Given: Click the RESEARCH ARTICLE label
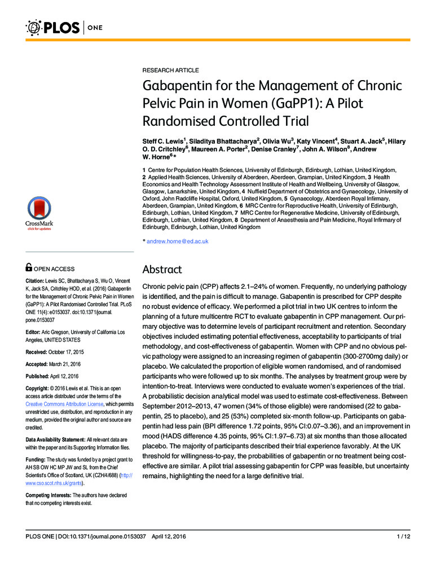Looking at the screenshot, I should coord(170,70).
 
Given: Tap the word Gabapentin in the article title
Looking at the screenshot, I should coord(175,87).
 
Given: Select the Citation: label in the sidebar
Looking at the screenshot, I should coord(38,281).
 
